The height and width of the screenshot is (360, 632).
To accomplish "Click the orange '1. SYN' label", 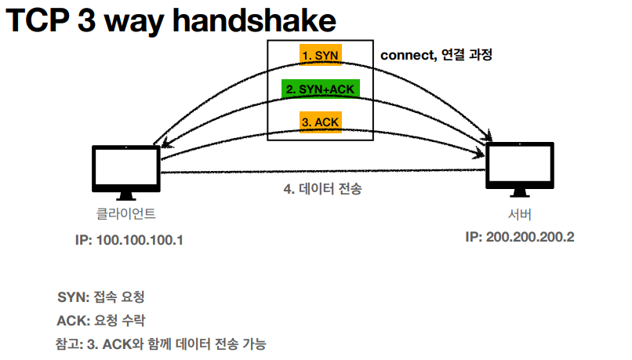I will pyautogui.click(x=321, y=56).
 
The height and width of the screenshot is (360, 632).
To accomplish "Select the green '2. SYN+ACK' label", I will pyautogui.click(x=321, y=89).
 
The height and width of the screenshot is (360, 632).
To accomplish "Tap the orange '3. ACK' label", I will pyautogui.click(x=321, y=123).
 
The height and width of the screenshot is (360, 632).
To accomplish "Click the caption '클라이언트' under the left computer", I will pyautogui.click(x=126, y=213).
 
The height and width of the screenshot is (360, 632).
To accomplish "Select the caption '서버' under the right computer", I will pyautogui.click(x=519, y=213).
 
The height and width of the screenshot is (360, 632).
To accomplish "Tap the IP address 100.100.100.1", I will pyautogui.click(x=124, y=238).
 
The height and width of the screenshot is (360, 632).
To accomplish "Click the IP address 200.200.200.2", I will pyautogui.click(x=519, y=236).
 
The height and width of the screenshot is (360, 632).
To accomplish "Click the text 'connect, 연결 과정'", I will pyautogui.click(x=436, y=56).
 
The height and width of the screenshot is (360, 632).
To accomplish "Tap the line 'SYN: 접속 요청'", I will pyautogui.click(x=100, y=298).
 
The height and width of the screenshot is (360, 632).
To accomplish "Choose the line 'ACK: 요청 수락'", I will pyautogui.click(x=100, y=321).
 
